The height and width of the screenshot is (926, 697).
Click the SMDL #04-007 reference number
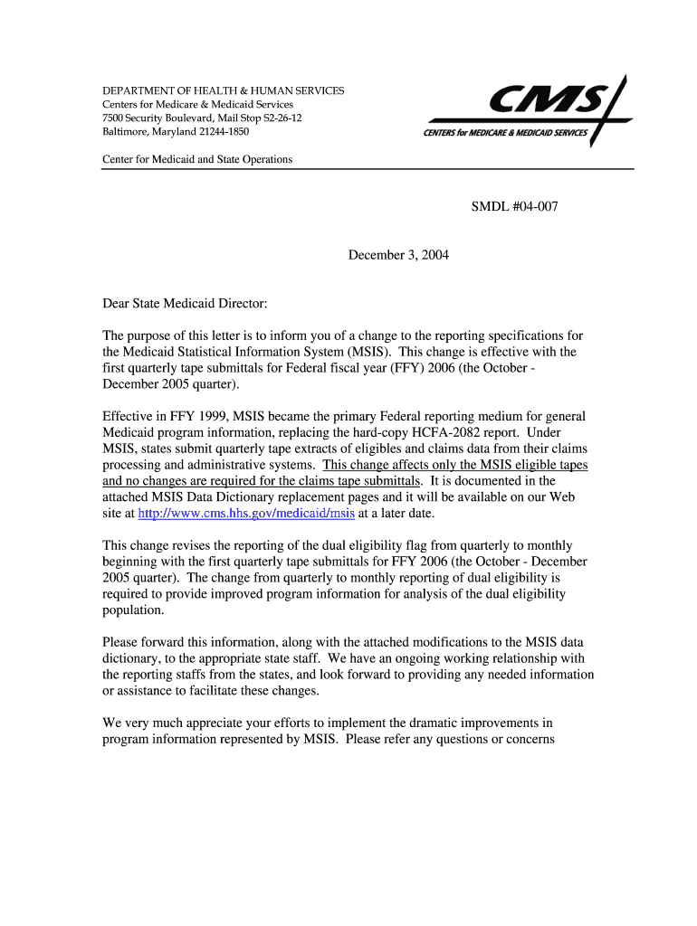(x=514, y=207)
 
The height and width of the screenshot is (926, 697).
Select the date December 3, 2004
(x=398, y=255)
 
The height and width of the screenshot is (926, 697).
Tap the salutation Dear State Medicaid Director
(x=186, y=304)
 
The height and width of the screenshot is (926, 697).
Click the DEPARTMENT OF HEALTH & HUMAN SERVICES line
(x=223, y=91)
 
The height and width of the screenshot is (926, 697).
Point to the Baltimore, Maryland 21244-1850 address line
(x=176, y=132)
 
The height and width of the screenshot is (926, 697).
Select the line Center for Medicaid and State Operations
(x=197, y=159)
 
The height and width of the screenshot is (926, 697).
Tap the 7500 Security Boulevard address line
(x=202, y=118)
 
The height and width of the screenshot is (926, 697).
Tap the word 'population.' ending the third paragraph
(x=134, y=610)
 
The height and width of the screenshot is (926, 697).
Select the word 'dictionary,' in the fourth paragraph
(x=132, y=658)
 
